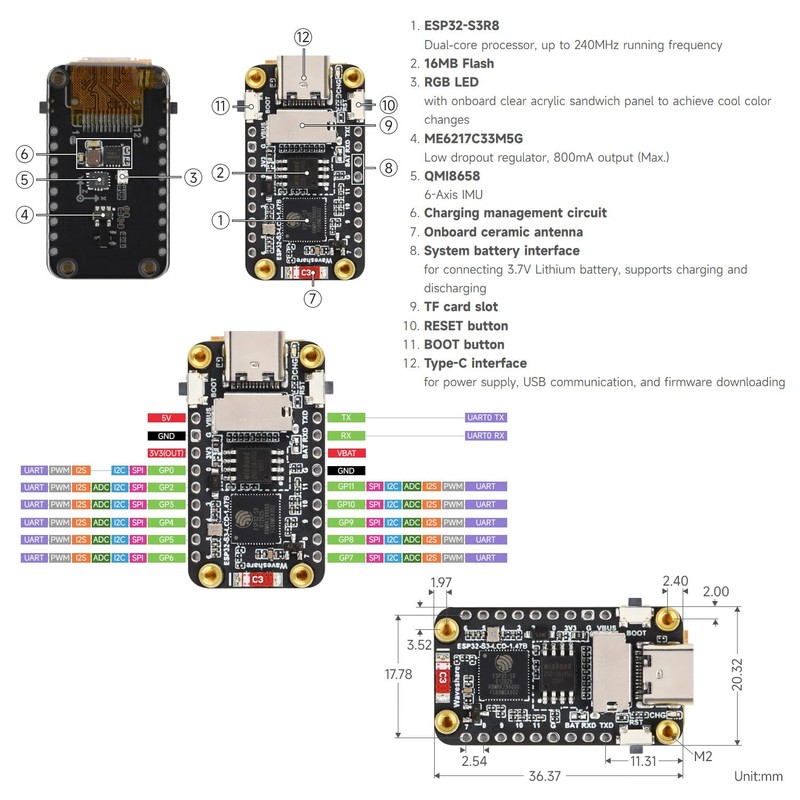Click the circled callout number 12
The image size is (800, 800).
(304, 37)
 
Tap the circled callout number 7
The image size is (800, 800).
(313, 297)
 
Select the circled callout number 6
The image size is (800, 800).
(26, 154)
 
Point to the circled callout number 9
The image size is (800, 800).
(389, 125)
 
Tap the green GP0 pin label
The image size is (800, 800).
(166, 470)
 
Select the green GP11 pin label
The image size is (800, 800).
(346, 487)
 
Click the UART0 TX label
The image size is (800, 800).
(486, 417)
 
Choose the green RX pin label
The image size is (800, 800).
(346, 435)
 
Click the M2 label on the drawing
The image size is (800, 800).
(704, 756)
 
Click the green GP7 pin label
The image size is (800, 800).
(346, 557)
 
